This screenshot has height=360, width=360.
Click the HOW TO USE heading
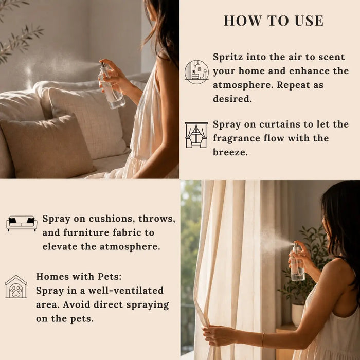pyautogui.click(x=274, y=21)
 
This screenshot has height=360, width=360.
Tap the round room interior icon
pyautogui.click(x=196, y=72)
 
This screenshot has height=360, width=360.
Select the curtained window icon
pyautogui.click(x=196, y=135)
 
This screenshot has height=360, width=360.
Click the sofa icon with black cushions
pyautogui.click(x=22, y=223)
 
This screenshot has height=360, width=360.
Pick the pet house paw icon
pyautogui.click(x=16, y=286)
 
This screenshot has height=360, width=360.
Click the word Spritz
pyautogui.click(x=228, y=57)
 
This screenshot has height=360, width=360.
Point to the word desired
pyautogui.click(x=232, y=99)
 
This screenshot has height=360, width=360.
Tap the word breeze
pyautogui.click(x=230, y=152)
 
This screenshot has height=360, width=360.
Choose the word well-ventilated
pyautogui.click(x=126, y=291)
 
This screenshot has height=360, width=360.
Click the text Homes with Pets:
pyautogui.click(x=79, y=277)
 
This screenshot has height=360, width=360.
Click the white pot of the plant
pyautogui.click(x=298, y=315)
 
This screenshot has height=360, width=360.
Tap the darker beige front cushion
pyautogui.click(x=47, y=147)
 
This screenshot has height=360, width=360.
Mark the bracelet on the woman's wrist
pyautogui.click(x=263, y=339)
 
